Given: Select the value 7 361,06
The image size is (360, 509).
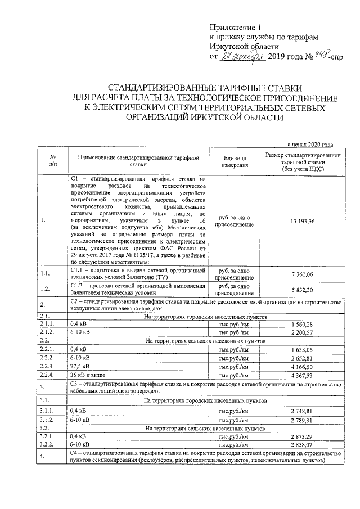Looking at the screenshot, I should (x=303, y=273).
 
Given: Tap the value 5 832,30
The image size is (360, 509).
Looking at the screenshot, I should (x=303, y=289).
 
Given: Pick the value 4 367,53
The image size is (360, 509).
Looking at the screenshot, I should (x=303, y=375).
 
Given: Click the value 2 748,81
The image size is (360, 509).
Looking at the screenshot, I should (x=303, y=412).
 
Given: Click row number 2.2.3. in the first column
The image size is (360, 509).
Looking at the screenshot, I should (x=49, y=367).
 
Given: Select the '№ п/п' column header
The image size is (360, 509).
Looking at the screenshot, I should (x=52, y=161).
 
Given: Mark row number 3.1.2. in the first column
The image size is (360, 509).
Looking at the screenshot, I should (x=49, y=420).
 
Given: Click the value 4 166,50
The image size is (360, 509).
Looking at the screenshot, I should (x=303, y=367).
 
